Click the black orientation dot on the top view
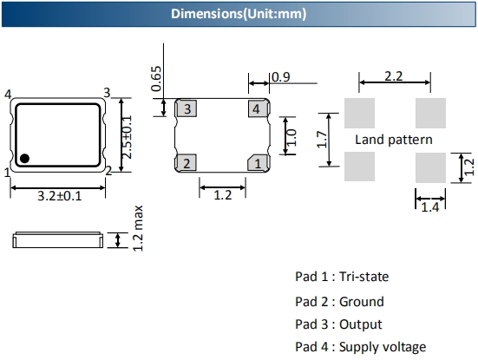pos(24,159)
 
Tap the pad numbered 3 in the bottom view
pos(187,108)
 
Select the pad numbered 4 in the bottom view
pos(259,108)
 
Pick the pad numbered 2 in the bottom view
pos(187,163)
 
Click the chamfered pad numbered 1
pos(259,163)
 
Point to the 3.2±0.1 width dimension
pos(60,196)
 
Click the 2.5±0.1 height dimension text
pos(128,137)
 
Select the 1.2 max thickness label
pos(138,228)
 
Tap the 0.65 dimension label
pos(156,79)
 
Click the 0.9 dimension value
pos(281,77)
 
